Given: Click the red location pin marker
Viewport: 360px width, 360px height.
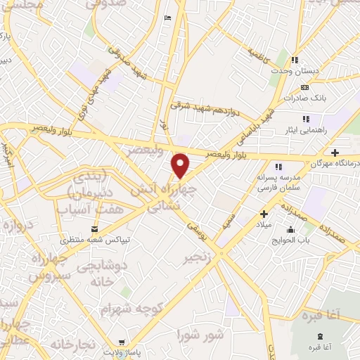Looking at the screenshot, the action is click(x=181, y=165).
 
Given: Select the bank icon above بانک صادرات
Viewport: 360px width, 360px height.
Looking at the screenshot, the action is click(x=304, y=86).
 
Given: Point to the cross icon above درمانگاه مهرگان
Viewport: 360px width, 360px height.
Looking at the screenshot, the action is click(x=335, y=153).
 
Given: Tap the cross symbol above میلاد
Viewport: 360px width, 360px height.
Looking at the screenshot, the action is click(x=264, y=214).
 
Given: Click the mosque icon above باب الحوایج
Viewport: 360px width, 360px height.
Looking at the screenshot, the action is click(x=290, y=230).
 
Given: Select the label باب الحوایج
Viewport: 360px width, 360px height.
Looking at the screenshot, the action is click(x=290, y=240).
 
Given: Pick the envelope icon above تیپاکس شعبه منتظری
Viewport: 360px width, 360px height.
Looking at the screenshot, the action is click(x=96, y=229).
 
